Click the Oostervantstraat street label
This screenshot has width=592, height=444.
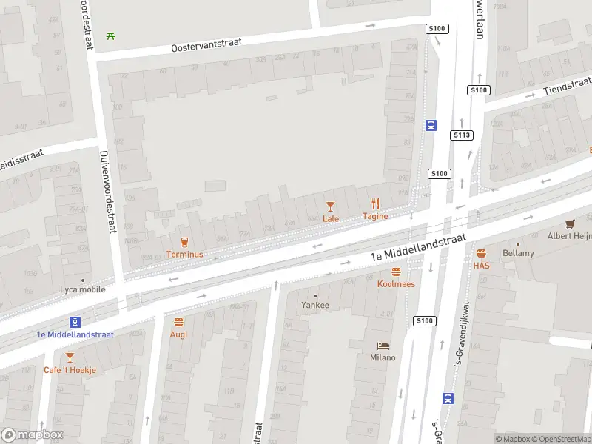point(206,46)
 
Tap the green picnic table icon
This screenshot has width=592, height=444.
point(110,35)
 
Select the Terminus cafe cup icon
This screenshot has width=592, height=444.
point(184,241)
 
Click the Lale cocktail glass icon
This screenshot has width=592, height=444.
point(330,206)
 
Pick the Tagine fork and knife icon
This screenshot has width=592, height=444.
point(375,203)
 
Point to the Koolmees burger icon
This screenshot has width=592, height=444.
point(396,272)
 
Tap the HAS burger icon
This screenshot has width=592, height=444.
point(481,253)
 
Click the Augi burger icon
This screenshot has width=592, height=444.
point(178,322)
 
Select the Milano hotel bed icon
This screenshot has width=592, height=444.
point(383,346)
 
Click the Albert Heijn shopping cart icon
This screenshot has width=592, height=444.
point(570,223)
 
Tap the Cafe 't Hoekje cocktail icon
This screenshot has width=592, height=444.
point(70,357)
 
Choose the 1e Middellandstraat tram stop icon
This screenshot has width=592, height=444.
point(75,321)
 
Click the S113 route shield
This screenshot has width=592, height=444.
point(462,135)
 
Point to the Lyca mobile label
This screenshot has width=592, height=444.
point(82,289)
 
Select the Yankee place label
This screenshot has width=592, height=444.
point(315,304)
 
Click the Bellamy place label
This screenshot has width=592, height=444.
point(519,253)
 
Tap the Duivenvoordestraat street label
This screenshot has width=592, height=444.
point(108,191)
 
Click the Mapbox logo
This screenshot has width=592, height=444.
point(32,435)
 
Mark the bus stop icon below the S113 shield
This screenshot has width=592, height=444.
point(447,397)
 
